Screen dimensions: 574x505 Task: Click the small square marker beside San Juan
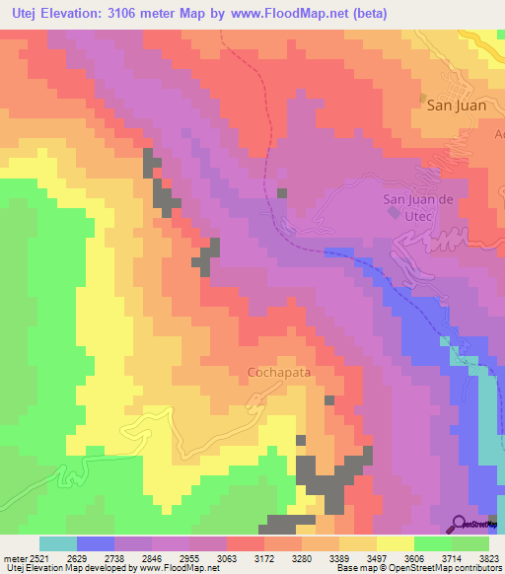(x=423, y=99)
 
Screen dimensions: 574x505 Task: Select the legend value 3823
(x=488, y=557)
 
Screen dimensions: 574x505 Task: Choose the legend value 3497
(x=375, y=557)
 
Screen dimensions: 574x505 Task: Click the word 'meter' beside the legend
(x=11, y=557)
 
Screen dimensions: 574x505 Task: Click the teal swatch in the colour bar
(x=58, y=543)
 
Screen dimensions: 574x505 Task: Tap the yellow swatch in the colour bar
(x=396, y=543)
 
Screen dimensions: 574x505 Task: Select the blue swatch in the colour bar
(x=96, y=543)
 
